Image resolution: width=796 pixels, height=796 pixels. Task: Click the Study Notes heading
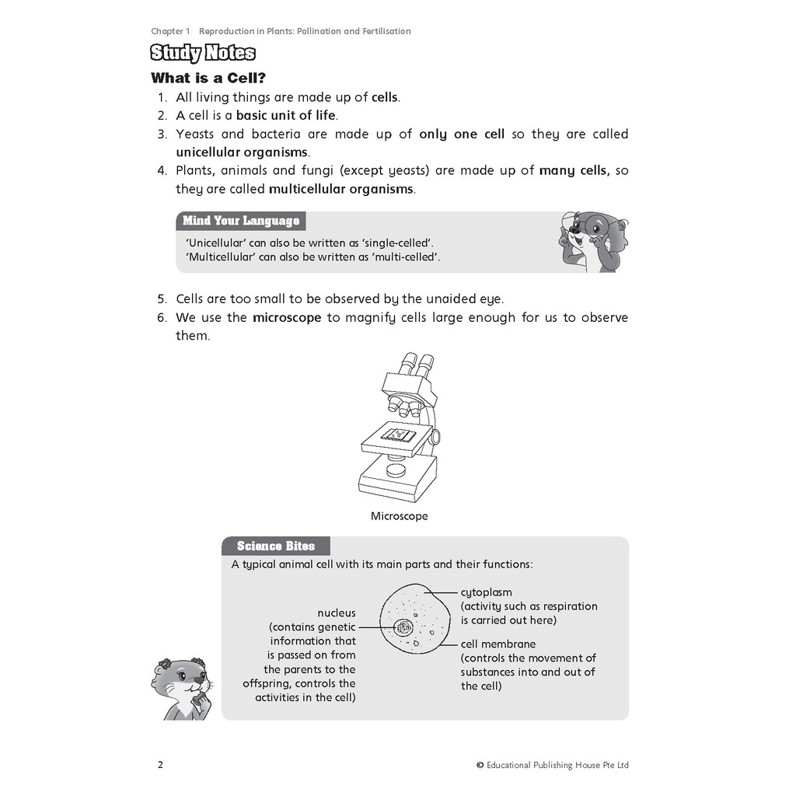click(203, 54)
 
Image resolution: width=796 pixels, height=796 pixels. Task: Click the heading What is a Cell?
click(208, 78)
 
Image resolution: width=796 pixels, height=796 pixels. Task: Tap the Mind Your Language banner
click(241, 221)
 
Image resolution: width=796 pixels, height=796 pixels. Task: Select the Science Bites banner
click(275, 546)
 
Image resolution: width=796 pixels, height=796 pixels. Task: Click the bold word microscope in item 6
click(287, 317)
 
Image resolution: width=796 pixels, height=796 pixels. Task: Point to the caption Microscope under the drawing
click(399, 516)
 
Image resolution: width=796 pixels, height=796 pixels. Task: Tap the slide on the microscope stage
click(400, 435)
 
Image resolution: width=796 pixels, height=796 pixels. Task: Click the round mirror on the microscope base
click(397, 469)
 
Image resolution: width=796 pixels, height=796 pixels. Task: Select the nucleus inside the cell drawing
click(403, 627)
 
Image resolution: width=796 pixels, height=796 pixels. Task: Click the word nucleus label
click(337, 613)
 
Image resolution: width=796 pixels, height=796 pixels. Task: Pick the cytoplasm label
click(487, 592)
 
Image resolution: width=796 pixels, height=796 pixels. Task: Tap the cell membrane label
click(498, 644)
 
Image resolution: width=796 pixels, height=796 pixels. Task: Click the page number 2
click(160, 765)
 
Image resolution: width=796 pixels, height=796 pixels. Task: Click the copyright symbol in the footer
click(480, 765)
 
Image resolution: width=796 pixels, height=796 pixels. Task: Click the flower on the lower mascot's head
click(164, 665)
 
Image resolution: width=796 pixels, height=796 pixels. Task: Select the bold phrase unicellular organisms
click(242, 152)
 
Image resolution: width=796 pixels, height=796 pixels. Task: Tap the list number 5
click(161, 298)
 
